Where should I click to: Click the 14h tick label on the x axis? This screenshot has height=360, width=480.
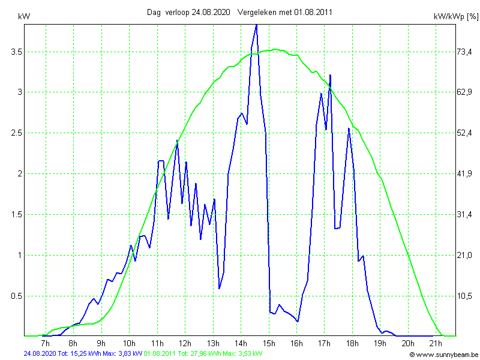pos(241,343)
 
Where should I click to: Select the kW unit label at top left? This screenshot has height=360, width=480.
pos(24,17)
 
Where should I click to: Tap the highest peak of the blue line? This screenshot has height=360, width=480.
pos(256,25)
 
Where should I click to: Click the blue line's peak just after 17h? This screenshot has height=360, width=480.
pos(330,75)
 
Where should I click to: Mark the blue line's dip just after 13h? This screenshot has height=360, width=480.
pos(220,289)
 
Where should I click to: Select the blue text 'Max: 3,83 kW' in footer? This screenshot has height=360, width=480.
pos(122,354)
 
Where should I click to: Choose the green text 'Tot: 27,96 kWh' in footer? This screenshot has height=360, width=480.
pos(199,354)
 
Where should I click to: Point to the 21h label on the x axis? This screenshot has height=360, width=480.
pos(436,343)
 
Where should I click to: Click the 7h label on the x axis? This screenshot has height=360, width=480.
pos(45,343)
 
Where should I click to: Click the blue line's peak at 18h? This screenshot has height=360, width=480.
pos(349,128)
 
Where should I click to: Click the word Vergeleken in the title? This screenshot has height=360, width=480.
pos(257,12)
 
